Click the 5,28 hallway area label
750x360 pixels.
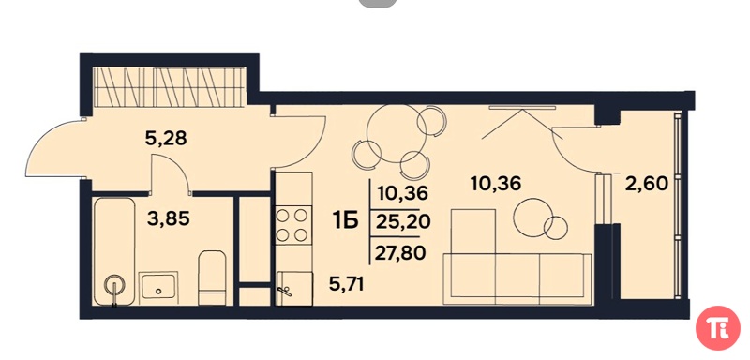coord(165,139)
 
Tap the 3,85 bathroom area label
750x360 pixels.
coord(170,219)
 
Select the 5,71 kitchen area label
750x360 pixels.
coord(346,285)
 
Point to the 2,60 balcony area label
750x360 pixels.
coord(646,183)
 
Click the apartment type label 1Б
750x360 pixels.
coord(346,221)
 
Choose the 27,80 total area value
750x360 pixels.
coord(400,253)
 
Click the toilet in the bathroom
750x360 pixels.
coord(212,277)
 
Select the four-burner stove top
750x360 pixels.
coord(292,225)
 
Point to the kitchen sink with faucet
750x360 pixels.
coord(294,288)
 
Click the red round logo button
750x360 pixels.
coord(718,328)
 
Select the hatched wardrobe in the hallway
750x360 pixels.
coord(170,86)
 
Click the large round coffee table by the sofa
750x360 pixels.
coord(532,218)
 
